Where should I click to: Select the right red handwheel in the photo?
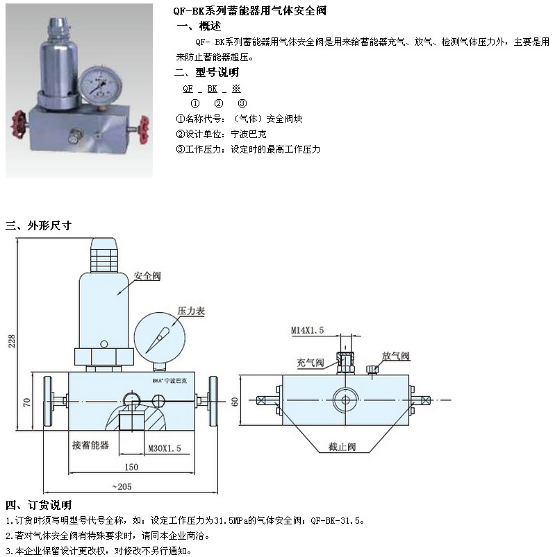tap(143, 129)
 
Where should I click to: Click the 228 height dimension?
tap(12, 341)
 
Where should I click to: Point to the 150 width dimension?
tap(131, 467)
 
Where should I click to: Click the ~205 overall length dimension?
tap(122, 486)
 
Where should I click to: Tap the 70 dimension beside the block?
tap(26, 402)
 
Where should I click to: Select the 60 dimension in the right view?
tap(235, 402)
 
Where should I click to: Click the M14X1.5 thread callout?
tap(308, 330)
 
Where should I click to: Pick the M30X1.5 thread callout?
tap(165, 448)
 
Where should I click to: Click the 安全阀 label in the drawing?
tap(147, 275)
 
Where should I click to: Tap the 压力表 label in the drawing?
tap(191, 311)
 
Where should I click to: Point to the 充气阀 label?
tap(310, 362)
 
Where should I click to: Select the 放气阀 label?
tap(396, 356)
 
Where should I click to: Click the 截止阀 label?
tap(342, 447)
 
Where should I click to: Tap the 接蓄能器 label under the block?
tap(90, 445)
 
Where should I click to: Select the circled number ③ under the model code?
tap(242, 103)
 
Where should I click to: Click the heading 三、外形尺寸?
tap(39, 225)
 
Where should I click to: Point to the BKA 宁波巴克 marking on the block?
tap(169, 381)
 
